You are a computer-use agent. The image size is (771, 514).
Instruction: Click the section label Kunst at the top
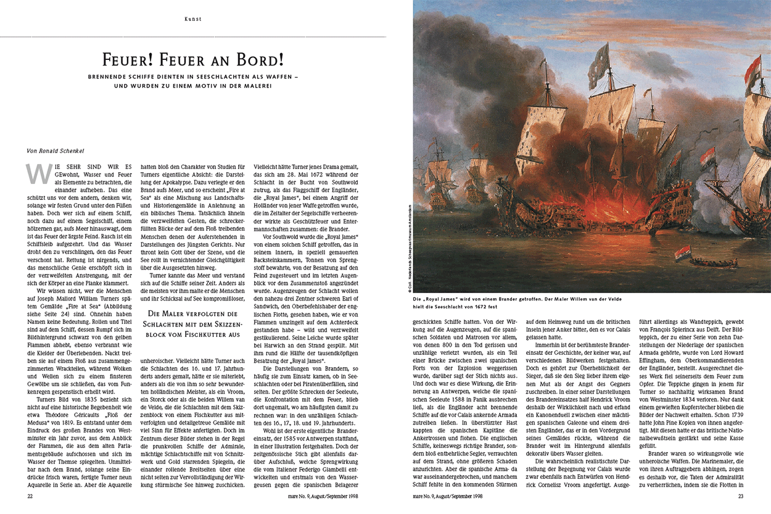click(x=193, y=19)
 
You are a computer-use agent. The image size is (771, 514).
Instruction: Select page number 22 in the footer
click(x=30, y=495)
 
